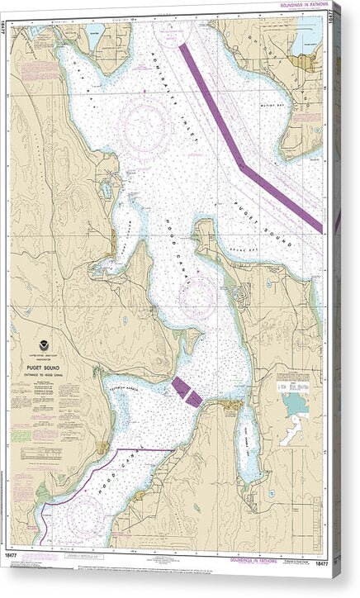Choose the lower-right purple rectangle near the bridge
193,398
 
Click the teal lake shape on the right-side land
294,404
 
